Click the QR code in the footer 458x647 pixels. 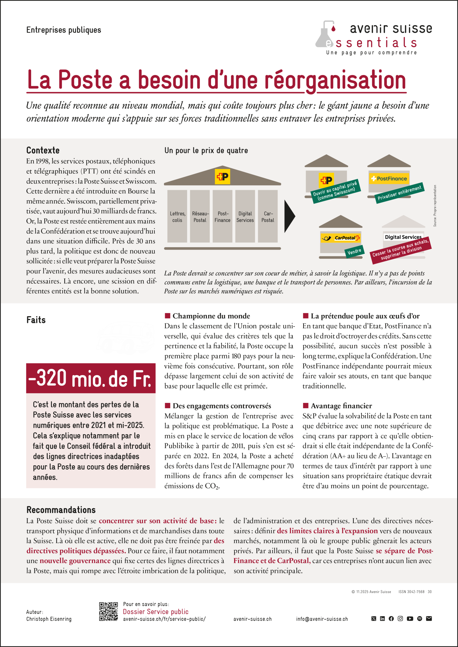point(108,612)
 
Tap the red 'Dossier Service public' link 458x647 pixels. point(155,612)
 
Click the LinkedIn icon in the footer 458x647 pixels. point(382,618)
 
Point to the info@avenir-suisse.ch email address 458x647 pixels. point(322,619)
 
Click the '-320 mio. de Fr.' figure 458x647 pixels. point(91,378)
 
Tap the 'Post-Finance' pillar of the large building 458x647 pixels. point(222,216)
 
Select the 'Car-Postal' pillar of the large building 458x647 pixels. point(267,216)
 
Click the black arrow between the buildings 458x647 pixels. point(289,216)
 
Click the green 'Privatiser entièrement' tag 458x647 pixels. point(399,193)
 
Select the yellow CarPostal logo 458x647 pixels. point(341,238)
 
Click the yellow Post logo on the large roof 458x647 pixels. point(222,177)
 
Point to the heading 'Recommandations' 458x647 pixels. point(61,510)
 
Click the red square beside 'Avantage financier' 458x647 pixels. point(305,405)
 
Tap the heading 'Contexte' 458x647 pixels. point(43,150)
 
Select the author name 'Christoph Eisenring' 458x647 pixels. point(49,619)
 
